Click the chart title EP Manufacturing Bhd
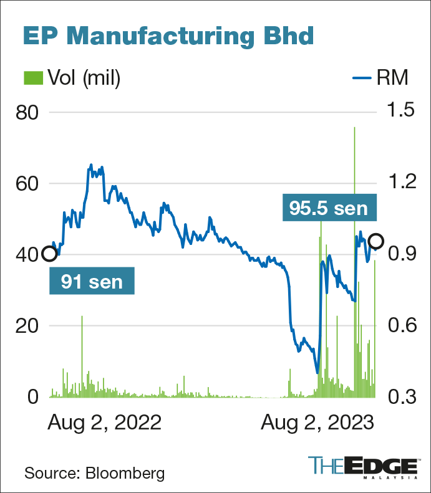pos(168,36)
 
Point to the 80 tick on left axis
pos(26,113)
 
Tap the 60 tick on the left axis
pos(26,184)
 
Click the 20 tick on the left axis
pos(26,326)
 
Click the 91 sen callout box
pos(92,280)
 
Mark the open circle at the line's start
pos(49,254)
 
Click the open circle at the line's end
pos(376,241)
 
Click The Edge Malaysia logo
pos(363,467)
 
